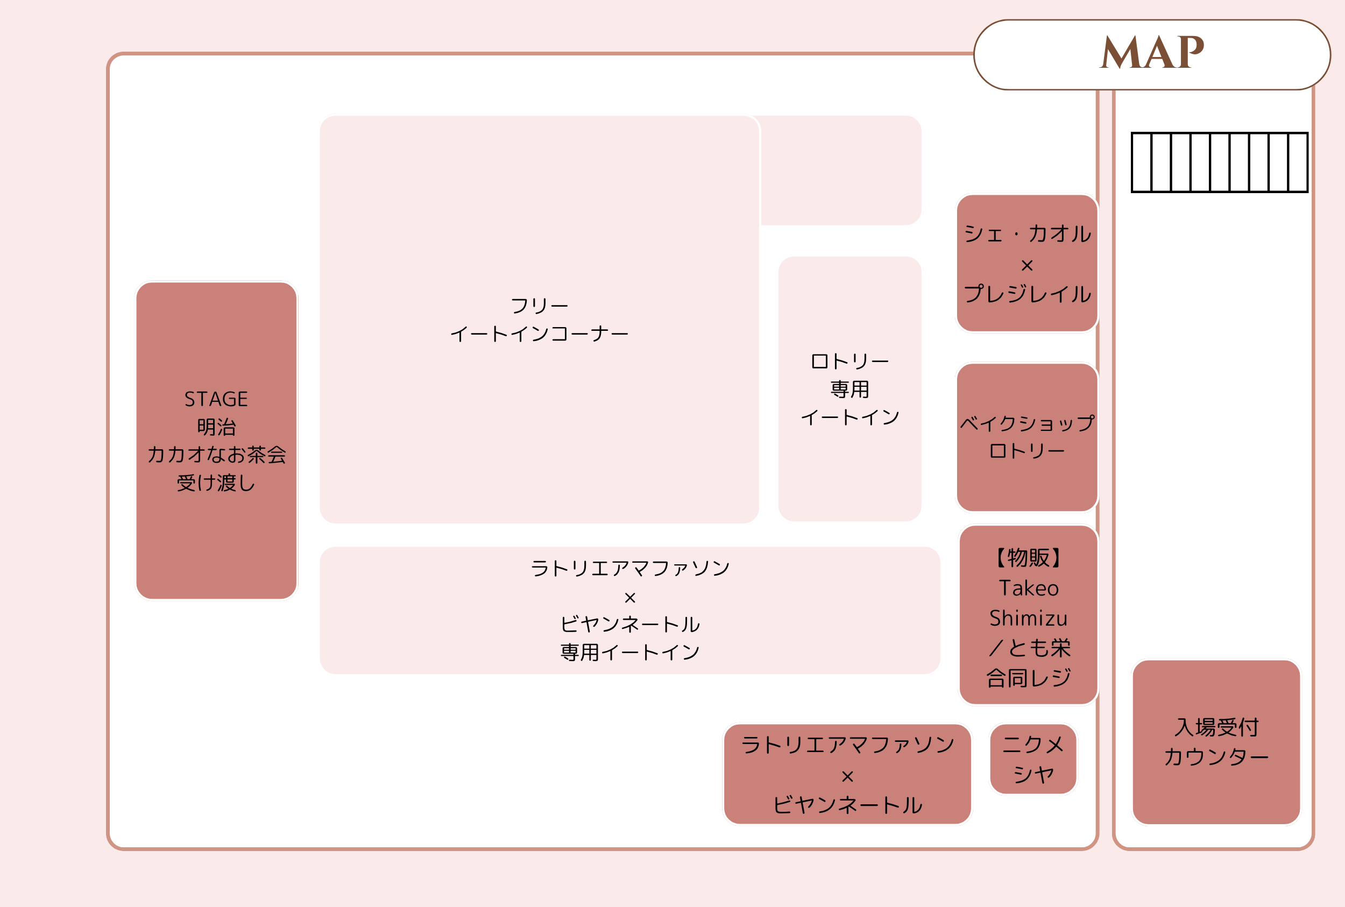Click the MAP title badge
(x=1152, y=54)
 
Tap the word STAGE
(x=216, y=399)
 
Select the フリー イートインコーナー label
(x=539, y=320)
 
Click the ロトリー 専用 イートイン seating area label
(x=849, y=389)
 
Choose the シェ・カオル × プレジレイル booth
(x=1027, y=263)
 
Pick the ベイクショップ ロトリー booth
(x=1027, y=437)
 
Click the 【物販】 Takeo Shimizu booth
(x=1028, y=614)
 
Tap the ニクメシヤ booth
(x=1032, y=759)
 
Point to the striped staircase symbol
(x=1220, y=162)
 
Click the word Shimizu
(x=1028, y=618)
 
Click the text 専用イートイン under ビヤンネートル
(x=630, y=653)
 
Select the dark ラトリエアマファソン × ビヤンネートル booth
(x=847, y=774)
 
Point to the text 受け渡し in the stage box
(x=216, y=483)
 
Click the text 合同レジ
(x=1029, y=678)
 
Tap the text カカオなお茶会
(x=216, y=455)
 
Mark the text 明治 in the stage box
(x=216, y=427)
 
